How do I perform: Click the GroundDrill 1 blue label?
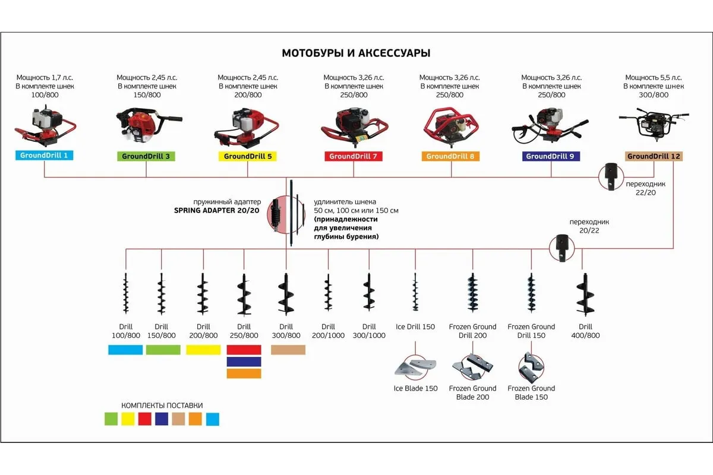point(45,156)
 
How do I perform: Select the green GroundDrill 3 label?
point(146,157)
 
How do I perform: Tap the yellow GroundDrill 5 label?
point(248,157)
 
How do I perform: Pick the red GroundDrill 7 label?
point(354,157)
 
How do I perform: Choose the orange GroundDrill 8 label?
point(450,157)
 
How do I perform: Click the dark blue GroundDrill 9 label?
point(550,157)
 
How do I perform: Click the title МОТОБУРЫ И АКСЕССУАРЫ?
point(356,53)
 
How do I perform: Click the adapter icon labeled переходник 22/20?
point(610,176)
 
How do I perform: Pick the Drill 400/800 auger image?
point(585,294)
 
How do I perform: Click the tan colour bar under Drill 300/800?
point(288,350)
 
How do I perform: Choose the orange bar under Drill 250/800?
point(244,373)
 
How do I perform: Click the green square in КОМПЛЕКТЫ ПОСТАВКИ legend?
point(111,419)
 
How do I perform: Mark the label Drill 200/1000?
point(328,331)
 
